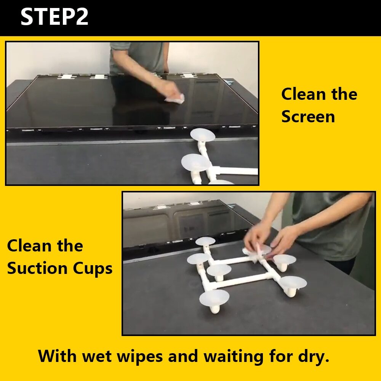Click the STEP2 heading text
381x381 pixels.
pyautogui.click(x=54, y=16)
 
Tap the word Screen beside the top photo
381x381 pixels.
pyautogui.click(x=308, y=117)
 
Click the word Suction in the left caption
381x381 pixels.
pyautogui.click(x=37, y=268)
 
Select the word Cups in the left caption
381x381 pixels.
pyautogui.click(x=93, y=269)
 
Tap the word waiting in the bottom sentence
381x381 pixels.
pyautogui.click(x=233, y=357)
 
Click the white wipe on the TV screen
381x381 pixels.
pyautogui.click(x=175, y=98)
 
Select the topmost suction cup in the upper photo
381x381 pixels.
pyautogui.click(x=202, y=135)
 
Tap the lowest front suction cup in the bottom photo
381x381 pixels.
pyautogui.click(x=214, y=299)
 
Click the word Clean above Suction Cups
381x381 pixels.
pyautogui.click(x=29, y=246)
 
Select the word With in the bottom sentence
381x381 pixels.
pyautogui.click(x=57, y=356)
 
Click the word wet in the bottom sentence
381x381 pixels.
pyautogui.click(x=96, y=357)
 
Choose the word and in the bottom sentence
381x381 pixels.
pyautogui.click(x=183, y=356)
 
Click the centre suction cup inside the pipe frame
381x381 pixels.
pyautogui.click(x=219, y=271)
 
